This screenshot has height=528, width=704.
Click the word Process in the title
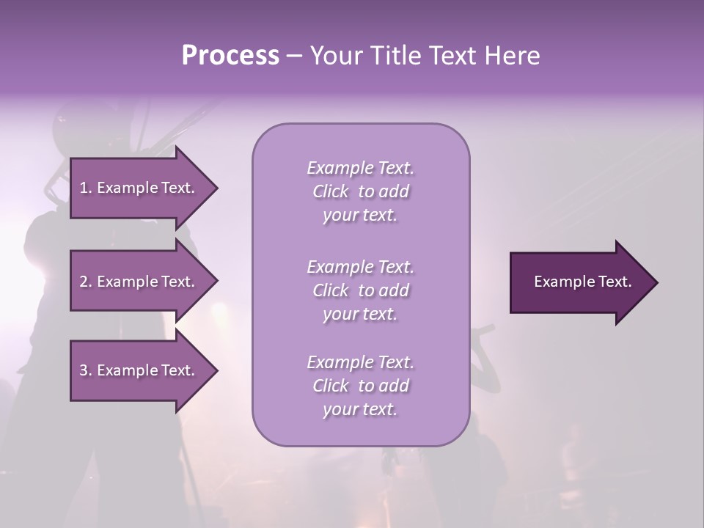pos(230,56)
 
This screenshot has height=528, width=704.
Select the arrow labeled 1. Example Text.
pos(139,188)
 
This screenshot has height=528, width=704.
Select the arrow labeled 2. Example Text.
pos(139,282)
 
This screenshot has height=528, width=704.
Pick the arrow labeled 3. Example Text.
pos(139,370)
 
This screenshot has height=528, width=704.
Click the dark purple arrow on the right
pos(582,282)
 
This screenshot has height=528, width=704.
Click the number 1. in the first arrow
pos(86,188)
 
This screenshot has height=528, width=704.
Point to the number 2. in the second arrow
pos(86,282)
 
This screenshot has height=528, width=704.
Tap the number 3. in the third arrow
pos(86,370)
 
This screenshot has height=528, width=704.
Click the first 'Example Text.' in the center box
pos(360,168)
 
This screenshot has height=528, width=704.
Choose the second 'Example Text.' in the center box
pos(360,267)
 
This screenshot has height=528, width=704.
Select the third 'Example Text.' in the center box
pos(360,362)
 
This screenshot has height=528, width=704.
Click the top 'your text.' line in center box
pos(360,215)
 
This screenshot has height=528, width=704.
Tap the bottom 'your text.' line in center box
pos(360,409)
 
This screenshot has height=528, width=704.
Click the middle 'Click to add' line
pos(360,290)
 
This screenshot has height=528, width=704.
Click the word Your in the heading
pos(334,56)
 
